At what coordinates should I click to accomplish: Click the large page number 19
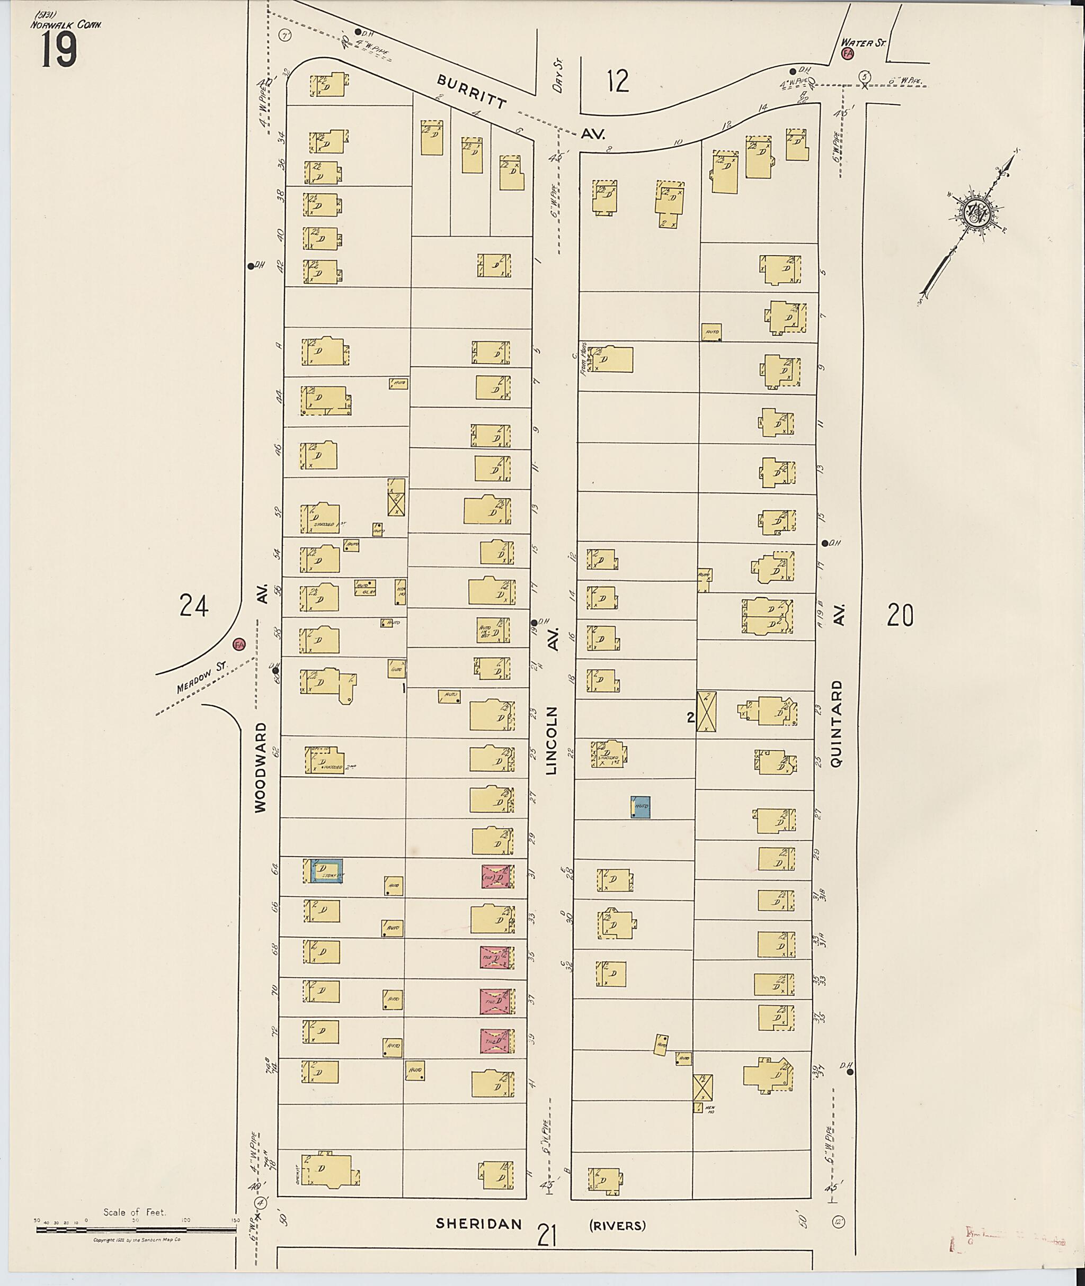click(60, 50)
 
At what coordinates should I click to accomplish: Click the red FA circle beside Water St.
click(848, 53)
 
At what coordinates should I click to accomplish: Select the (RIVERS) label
click(618, 1226)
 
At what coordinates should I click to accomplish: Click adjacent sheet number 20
click(901, 615)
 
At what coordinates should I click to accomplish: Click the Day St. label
click(558, 76)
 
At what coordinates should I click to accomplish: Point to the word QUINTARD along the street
click(836, 722)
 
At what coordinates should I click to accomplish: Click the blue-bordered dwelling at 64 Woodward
click(326, 871)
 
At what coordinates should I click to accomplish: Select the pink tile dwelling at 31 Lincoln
click(497, 877)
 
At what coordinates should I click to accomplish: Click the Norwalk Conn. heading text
click(67, 24)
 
